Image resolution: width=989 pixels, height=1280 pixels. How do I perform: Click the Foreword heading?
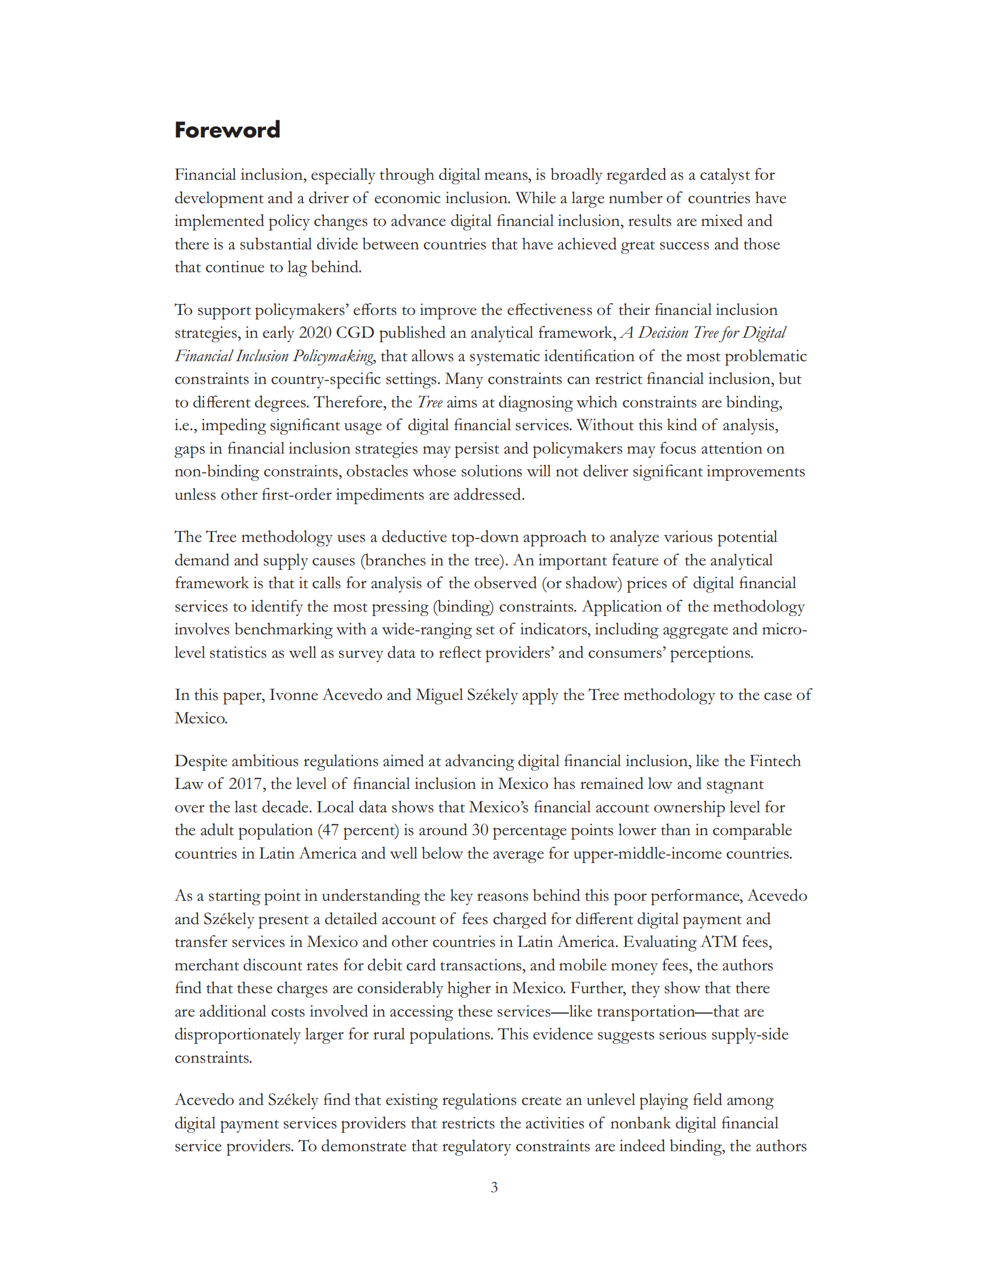[228, 129]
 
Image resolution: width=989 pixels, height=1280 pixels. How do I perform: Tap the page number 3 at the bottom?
[494, 1188]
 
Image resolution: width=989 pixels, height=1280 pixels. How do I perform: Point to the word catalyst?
[724, 175]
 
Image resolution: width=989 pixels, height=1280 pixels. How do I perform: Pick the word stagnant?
[734, 784]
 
